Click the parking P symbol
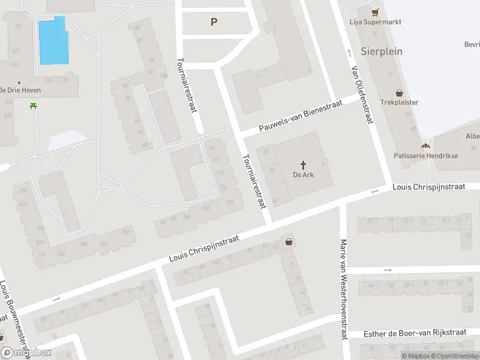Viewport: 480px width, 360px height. click(214, 22)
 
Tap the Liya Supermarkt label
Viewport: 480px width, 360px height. click(376, 22)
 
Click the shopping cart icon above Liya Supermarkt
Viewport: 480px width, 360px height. click(376, 12)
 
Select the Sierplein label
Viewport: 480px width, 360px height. click(382, 51)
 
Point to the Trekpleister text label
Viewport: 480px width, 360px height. click(400, 103)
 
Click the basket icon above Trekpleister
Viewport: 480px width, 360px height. click(400, 93)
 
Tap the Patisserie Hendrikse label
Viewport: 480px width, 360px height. click(425, 155)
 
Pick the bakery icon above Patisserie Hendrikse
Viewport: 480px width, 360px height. click(425, 146)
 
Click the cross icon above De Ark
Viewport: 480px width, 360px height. click(304, 164)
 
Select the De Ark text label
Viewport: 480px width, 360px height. click(304, 175)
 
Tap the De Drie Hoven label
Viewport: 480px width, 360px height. click(20, 90)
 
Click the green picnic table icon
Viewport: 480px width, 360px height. click(32, 106)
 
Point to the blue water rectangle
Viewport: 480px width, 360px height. click(53, 41)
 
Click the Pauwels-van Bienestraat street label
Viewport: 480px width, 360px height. click(301, 117)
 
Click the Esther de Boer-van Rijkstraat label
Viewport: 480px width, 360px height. click(415, 333)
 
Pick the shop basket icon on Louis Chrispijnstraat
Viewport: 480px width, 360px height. click(290, 242)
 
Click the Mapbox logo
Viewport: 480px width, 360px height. click(26, 353)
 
